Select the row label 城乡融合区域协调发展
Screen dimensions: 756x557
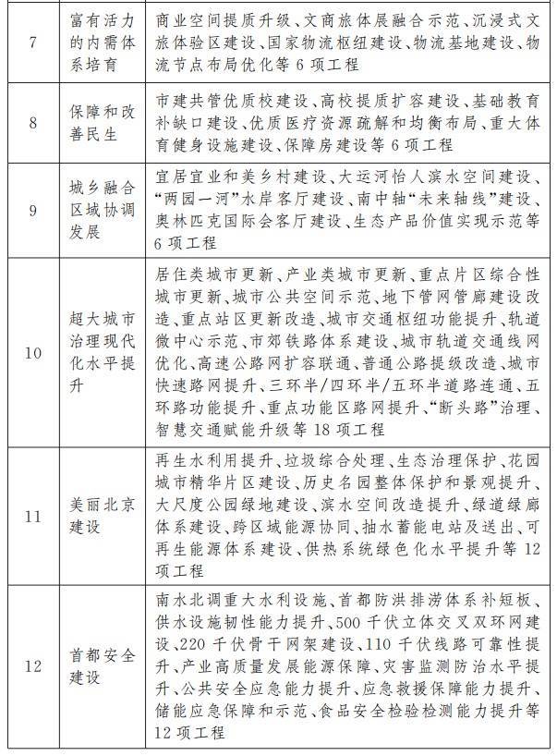coord(103,209)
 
